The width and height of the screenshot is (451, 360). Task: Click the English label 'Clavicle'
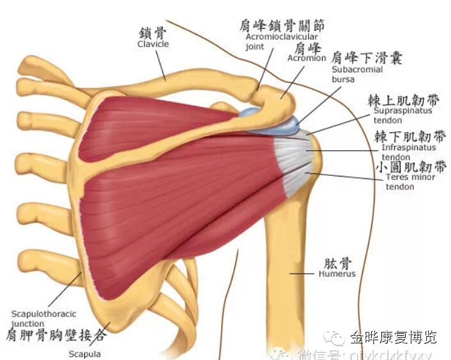[153, 44]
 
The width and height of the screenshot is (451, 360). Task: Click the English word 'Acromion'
[307, 58]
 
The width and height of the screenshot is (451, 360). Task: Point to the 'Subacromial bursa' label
[357, 74]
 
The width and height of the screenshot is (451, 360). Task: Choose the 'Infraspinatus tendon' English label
[409, 152]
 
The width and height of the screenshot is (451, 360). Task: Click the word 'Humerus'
[337, 274]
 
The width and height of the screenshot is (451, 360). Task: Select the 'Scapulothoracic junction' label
[44, 318]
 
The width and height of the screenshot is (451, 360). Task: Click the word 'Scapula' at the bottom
[84, 353]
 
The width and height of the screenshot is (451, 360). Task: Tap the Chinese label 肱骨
[337, 263]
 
